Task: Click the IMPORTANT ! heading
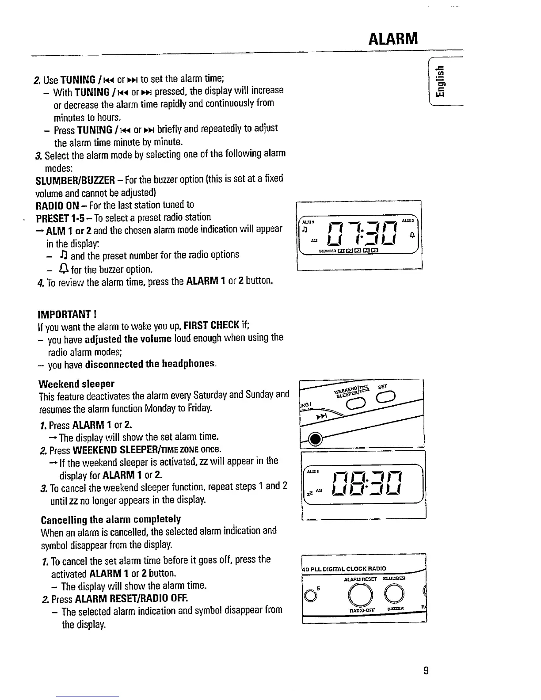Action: click(x=67, y=314)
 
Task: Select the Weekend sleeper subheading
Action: click(x=76, y=383)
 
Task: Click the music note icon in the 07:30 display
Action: click(x=304, y=230)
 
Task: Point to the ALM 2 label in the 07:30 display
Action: click(x=406, y=220)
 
